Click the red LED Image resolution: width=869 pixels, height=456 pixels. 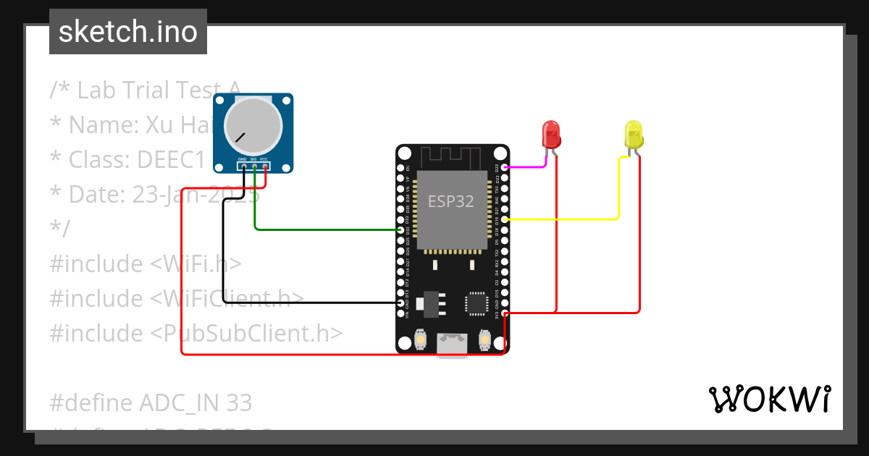(552, 135)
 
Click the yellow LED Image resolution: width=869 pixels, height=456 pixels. (634, 135)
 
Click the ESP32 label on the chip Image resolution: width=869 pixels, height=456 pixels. (450, 201)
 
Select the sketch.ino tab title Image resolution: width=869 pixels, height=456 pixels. (128, 32)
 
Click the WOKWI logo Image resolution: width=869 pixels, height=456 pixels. (769, 399)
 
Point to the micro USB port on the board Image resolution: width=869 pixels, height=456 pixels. (453, 345)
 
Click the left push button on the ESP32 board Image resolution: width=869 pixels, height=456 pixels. (420, 339)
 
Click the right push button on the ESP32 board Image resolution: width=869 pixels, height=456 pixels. (485, 339)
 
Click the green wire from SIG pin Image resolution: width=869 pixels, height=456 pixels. (326, 229)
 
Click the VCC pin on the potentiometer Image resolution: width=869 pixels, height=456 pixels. (265, 167)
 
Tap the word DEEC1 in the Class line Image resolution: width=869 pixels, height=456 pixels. (173, 159)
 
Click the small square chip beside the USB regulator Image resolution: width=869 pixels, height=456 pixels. (477, 303)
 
